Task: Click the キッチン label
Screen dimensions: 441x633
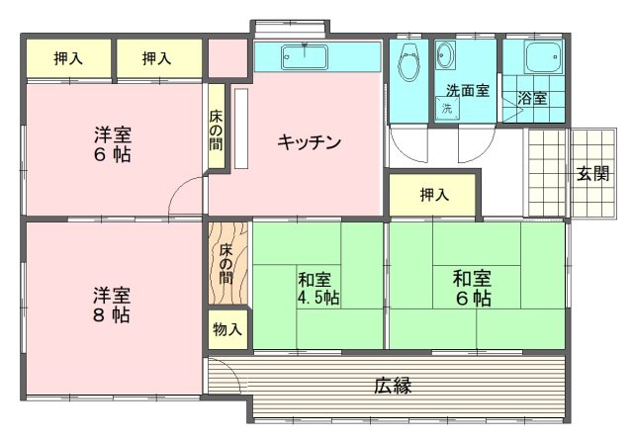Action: [x=309, y=142]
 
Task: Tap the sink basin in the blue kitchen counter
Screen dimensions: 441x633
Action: [x=305, y=55]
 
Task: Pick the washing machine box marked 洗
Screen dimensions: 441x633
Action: [x=448, y=108]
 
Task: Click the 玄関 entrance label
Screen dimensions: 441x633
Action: [x=593, y=174]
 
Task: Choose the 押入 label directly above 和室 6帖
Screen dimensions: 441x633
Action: [x=434, y=195]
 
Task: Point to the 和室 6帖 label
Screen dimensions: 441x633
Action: [x=473, y=288]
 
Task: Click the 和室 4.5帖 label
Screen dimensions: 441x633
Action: [x=318, y=289]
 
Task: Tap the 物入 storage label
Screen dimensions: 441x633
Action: [x=227, y=328]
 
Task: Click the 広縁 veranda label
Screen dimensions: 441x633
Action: [x=393, y=385]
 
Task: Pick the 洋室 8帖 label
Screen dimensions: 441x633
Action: [x=112, y=306]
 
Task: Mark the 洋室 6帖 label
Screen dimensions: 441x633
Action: [x=113, y=145]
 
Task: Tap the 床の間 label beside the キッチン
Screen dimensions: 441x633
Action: [x=216, y=134]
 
